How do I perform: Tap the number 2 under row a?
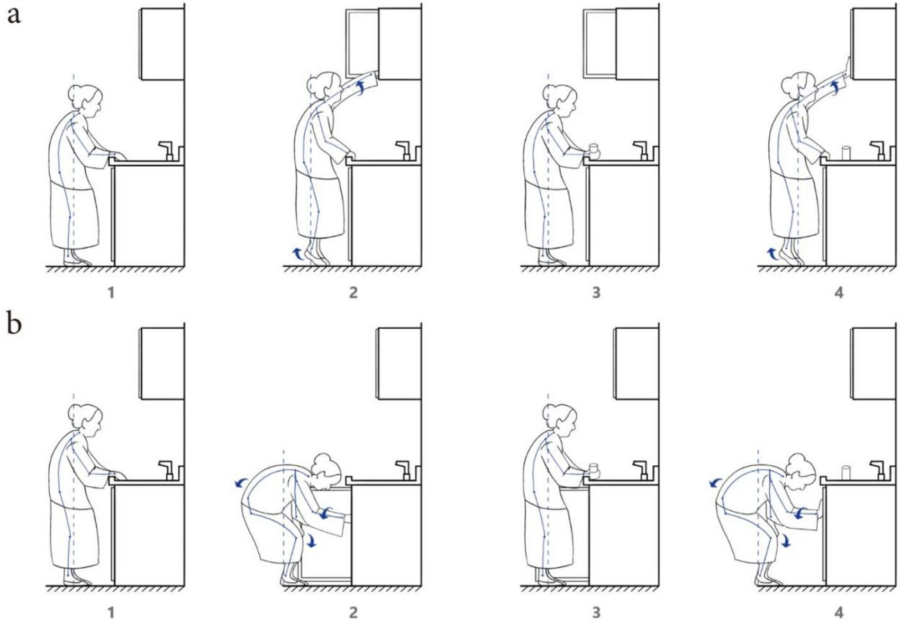tap(353, 293)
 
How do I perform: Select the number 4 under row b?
tap(839, 612)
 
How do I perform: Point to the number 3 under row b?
tap(596, 612)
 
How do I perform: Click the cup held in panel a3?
tap(594, 151)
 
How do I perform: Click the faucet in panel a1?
tap(166, 151)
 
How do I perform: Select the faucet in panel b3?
tap(640, 470)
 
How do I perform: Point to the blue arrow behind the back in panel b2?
tap(241, 482)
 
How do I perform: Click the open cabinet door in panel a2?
tap(362, 42)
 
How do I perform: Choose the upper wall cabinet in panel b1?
tap(162, 363)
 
